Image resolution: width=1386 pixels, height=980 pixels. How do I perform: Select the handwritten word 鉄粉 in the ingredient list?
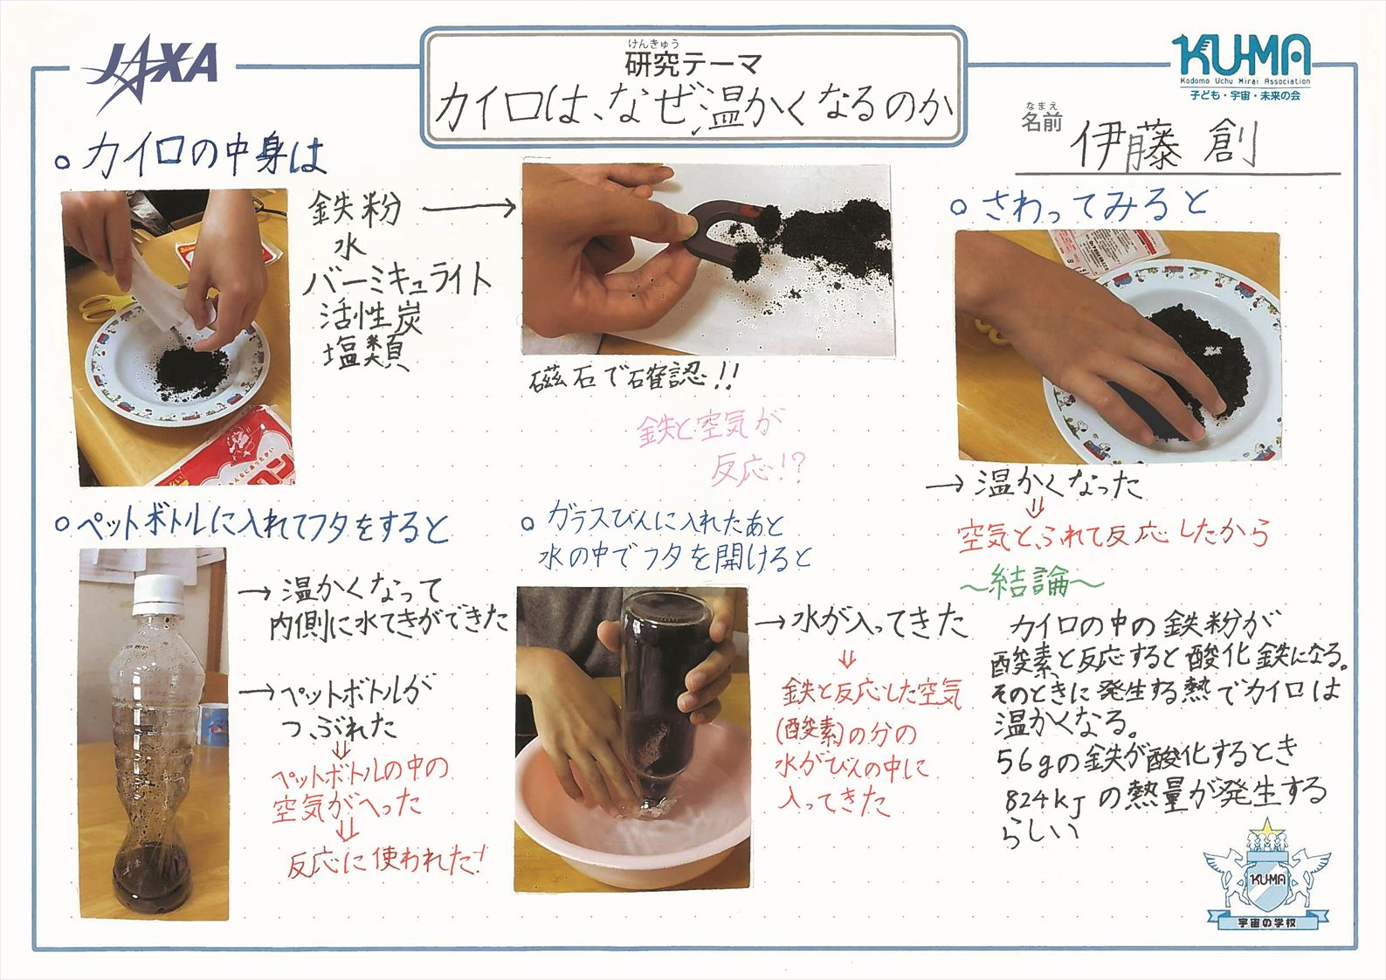click(x=355, y=209)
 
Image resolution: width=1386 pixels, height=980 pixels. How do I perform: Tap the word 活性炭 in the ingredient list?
click(x=370, y=316)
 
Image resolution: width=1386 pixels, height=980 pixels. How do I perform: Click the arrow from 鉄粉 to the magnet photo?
click(x=469, y=209)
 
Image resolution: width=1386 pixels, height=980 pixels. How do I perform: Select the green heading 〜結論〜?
click(x=1031, y=582)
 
